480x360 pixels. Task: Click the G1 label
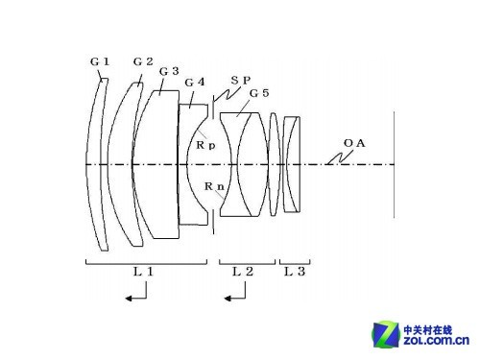click(100, 61)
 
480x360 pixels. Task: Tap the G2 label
click(143, 61)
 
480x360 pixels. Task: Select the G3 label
click(169, 71)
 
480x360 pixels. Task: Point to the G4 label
click(195, 83)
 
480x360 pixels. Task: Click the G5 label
click(259, 93)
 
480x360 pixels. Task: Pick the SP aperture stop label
click(241, 81)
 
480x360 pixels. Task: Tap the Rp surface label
click(205, 146)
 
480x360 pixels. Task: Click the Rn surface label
click(214, 186)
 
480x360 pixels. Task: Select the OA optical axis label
click(354, 143)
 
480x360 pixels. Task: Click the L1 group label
click(143, 272)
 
